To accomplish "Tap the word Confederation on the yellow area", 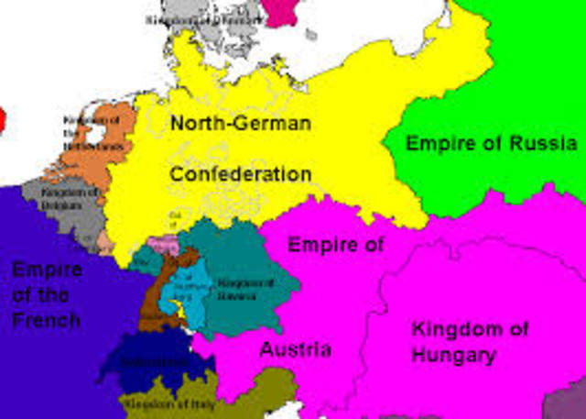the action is pos(240,173).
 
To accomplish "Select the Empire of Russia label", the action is pos(491,143).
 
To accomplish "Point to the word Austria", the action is pos(295,349).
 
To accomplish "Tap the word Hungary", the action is pos(454,355).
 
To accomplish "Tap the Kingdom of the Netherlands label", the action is pos(92,133).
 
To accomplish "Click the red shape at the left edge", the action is pos(3,118).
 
